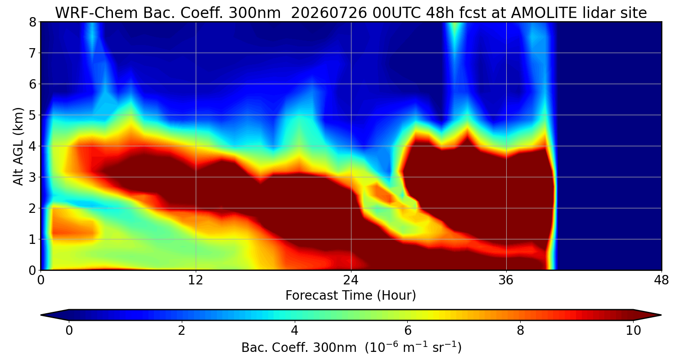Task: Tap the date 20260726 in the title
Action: pyautogui.click(x=329, y=13)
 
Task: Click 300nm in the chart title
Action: pyautogui.click(x=255, y=13)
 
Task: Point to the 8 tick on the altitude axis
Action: pyautogui.click(x=32, y=22)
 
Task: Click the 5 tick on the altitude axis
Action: pyautogui.click(x=32, y=115)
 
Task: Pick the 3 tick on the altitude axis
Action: pyautogui.click(x=32, y=177)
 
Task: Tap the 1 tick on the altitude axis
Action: pyautogui.click(x=32, y=239)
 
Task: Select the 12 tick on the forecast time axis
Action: pyautogui.click(x=196, y=280)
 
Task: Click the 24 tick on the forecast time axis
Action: pyautogui.click(x=351, y=280)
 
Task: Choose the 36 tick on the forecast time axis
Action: pyautogui.click(x=506, y=280)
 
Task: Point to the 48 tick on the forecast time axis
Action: pyautogui.click(x=661, y=280)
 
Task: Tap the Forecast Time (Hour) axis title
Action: pyautogui.click(x=351, y=296)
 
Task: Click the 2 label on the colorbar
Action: pyautogui.click(x=181, y=330)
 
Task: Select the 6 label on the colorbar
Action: pyautogui.click(x=408, y=330)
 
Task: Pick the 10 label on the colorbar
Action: pyautogui.click(x=634, y=330)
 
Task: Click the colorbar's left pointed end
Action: pyautogui.click(x=41, y=315)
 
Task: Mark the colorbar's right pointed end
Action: pyautogui.click(x=661, y=315)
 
